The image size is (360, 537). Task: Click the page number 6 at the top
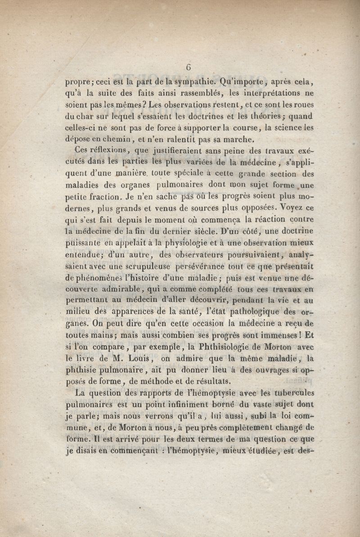(189, 67)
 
